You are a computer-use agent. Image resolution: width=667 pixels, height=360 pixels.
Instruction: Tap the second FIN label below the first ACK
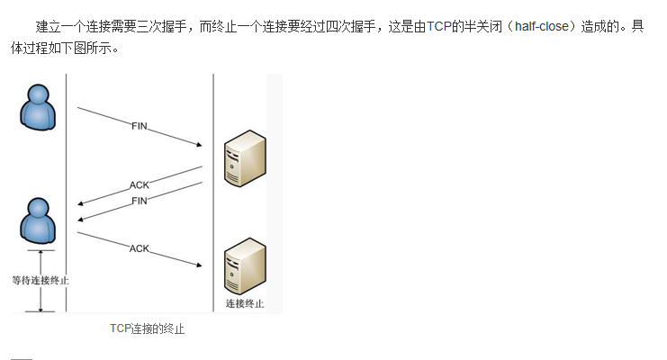(x=140, y=201)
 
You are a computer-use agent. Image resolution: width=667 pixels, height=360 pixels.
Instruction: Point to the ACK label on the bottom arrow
(x=140, y=247)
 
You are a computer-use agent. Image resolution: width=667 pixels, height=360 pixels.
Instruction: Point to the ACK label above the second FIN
(x=140, y=184)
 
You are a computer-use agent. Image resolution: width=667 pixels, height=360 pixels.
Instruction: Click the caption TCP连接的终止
(x=147, y=329)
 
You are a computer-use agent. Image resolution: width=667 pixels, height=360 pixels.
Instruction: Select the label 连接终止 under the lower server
(x=245, y=303)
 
